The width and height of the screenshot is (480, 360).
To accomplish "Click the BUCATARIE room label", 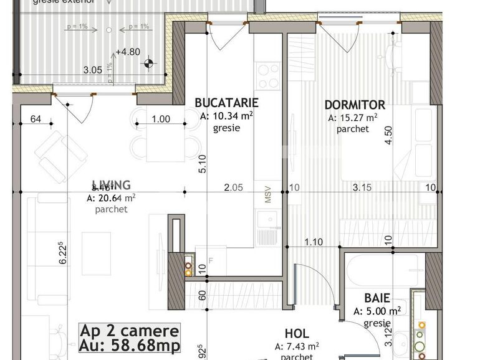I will (x=226, y=103).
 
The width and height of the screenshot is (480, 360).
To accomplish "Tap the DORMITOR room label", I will (x=355, y=105).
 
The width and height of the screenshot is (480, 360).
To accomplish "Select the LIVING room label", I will (x=111, y=185).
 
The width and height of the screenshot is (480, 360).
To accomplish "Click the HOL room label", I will (x=296, y=334).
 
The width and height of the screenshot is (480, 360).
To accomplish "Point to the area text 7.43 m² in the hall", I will (x=299, y=346).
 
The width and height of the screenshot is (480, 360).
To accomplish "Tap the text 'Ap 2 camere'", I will (x=130, y=331).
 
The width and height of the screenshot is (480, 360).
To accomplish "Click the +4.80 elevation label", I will (x=127, y=52).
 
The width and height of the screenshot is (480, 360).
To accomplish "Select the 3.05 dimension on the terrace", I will (x=92, y=70).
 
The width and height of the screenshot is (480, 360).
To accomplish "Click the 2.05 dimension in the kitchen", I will (x=233, y=187).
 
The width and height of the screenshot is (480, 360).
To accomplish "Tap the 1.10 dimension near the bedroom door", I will (x=314, y=242).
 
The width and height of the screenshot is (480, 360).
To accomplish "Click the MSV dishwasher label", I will (x=268, y=194).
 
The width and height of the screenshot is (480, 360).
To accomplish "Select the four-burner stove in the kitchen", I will (x=269, y=76).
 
